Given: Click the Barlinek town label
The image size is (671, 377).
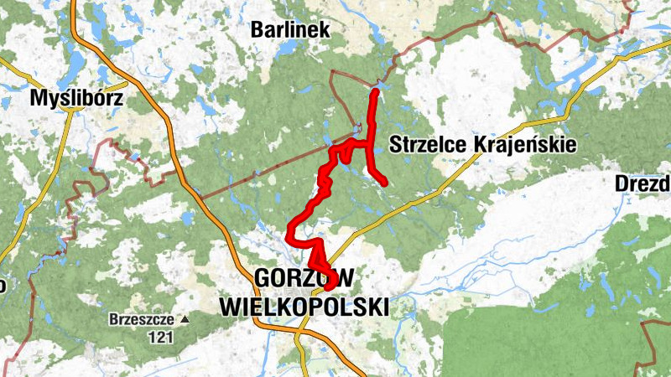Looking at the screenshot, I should click(291, 30).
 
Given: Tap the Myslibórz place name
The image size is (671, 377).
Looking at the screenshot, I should click(76, 99).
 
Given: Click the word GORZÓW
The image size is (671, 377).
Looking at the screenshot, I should click(304, 278).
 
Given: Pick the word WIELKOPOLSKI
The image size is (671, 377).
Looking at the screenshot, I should click(304, 307).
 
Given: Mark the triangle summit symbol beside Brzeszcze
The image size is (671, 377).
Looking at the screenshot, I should click(185, 320).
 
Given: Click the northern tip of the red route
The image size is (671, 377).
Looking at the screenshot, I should click(374, 90).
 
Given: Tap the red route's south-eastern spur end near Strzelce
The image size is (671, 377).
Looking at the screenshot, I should click(384, 183).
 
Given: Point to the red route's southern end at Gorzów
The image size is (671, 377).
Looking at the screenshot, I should click(328, 287).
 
